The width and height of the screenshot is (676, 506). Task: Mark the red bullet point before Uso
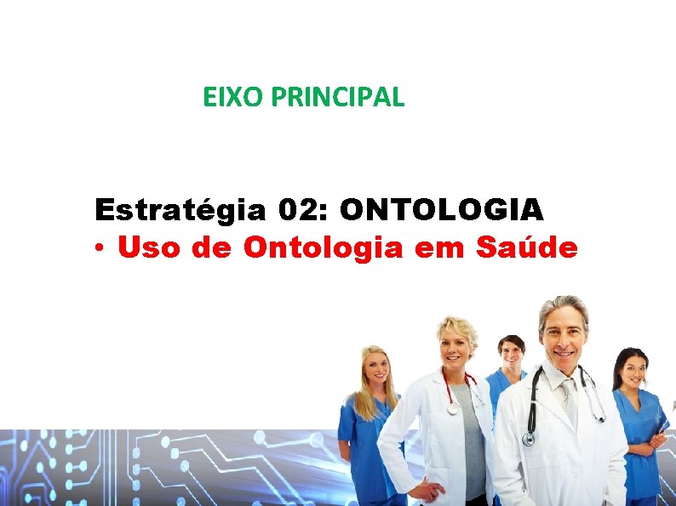[100, 249]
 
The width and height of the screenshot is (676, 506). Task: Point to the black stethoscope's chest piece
[530, 439]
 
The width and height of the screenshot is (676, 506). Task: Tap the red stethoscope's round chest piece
[452, 408]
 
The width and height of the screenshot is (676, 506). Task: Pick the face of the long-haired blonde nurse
[375, 369]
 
